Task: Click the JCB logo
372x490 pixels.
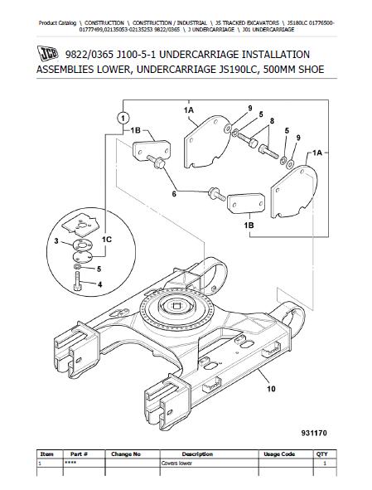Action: point(48,53)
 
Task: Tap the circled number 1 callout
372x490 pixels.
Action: point(123,119)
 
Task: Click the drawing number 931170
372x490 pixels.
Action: point(314,433)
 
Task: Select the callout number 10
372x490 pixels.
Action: point(271,389)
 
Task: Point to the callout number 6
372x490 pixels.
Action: point(174,194)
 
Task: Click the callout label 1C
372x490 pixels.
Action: point(107,240)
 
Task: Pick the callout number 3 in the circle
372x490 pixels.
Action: point(56,241)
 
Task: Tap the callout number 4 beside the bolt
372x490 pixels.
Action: point(99,284)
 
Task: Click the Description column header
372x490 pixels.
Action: point(197,454)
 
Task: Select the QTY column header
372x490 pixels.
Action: point(322,454)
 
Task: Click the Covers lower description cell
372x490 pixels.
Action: point(176,463)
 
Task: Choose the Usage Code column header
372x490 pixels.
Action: point(279,454)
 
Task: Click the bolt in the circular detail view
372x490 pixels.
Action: point(77,281)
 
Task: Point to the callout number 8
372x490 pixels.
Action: point(272,121)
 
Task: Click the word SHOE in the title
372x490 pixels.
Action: point(311,69)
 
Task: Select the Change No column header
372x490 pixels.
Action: point(126,454)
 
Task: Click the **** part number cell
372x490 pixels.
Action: point(68,463)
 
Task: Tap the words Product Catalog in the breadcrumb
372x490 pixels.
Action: point(57,23)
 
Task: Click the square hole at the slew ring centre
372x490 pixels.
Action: point(176,304)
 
